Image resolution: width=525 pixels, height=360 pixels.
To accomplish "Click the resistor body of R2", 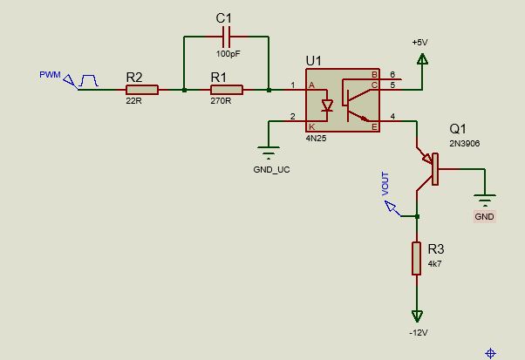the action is (x=142, y=90).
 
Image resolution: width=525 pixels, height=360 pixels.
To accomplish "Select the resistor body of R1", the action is (x=227, y=90).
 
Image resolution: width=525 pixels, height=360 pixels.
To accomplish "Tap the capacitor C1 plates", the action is (x=227, y=37).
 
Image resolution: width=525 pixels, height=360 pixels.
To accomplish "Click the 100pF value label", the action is (x=228, y=53).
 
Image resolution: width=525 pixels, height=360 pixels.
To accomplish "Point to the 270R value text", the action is (x=221, y=101).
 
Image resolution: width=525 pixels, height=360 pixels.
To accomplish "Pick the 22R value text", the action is (x=133, y=101).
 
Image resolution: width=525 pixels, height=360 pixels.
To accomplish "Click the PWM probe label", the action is (x=50, y=75).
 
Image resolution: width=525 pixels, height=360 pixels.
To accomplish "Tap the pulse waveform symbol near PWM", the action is (x=88, y=81).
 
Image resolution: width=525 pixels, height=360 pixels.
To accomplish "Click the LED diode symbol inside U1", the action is (x=327, y=105).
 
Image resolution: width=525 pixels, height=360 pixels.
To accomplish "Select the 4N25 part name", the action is (x=316, y=139).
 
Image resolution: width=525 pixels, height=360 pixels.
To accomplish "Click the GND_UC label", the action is (x=271, y=170).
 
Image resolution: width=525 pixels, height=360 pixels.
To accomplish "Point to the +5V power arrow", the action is (x=422, y=59).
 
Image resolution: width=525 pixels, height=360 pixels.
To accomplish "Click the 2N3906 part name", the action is (x=465, y=143).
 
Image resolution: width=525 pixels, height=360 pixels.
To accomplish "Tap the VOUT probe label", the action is (x=385, y=184).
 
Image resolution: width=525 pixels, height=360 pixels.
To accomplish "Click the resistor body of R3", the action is (x=416, y=258).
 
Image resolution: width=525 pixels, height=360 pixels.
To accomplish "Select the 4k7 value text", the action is (x=434, y=263).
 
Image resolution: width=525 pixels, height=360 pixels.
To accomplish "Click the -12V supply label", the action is (x=419, y=333).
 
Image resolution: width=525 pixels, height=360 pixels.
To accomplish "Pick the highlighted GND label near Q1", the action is (x=484, y=216).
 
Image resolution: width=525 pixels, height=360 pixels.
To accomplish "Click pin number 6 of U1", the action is (x=392, y=75).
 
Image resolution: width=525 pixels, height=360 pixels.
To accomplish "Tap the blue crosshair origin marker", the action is (x=490, y=353).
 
